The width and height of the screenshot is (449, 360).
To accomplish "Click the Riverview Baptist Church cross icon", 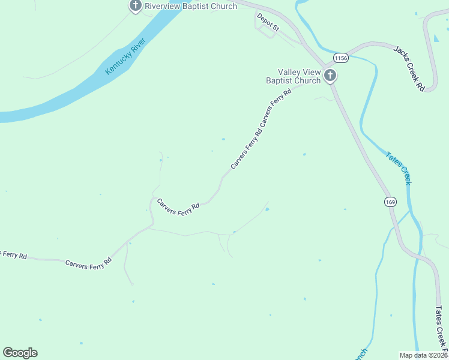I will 136,6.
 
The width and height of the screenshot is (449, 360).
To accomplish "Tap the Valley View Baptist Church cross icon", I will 330,76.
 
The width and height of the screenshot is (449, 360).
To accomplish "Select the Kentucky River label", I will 125,58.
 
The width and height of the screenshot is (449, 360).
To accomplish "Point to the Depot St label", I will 268,22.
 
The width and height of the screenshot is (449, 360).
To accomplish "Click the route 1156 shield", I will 341,58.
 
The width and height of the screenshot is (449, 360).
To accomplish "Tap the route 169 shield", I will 391,202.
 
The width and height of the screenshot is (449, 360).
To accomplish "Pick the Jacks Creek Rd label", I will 409,68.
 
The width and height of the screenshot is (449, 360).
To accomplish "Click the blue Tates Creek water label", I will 399,167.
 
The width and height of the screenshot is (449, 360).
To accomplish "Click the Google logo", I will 20,353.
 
